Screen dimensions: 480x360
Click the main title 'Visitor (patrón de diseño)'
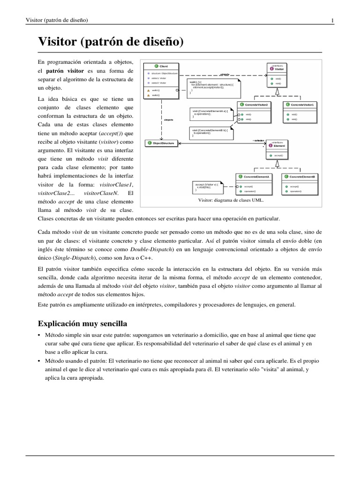110,42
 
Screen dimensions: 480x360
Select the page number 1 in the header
332,20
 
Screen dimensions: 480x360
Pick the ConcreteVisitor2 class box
254,112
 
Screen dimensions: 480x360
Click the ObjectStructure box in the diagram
161,143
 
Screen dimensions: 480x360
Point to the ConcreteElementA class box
254,184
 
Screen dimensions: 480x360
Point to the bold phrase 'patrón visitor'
65,71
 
